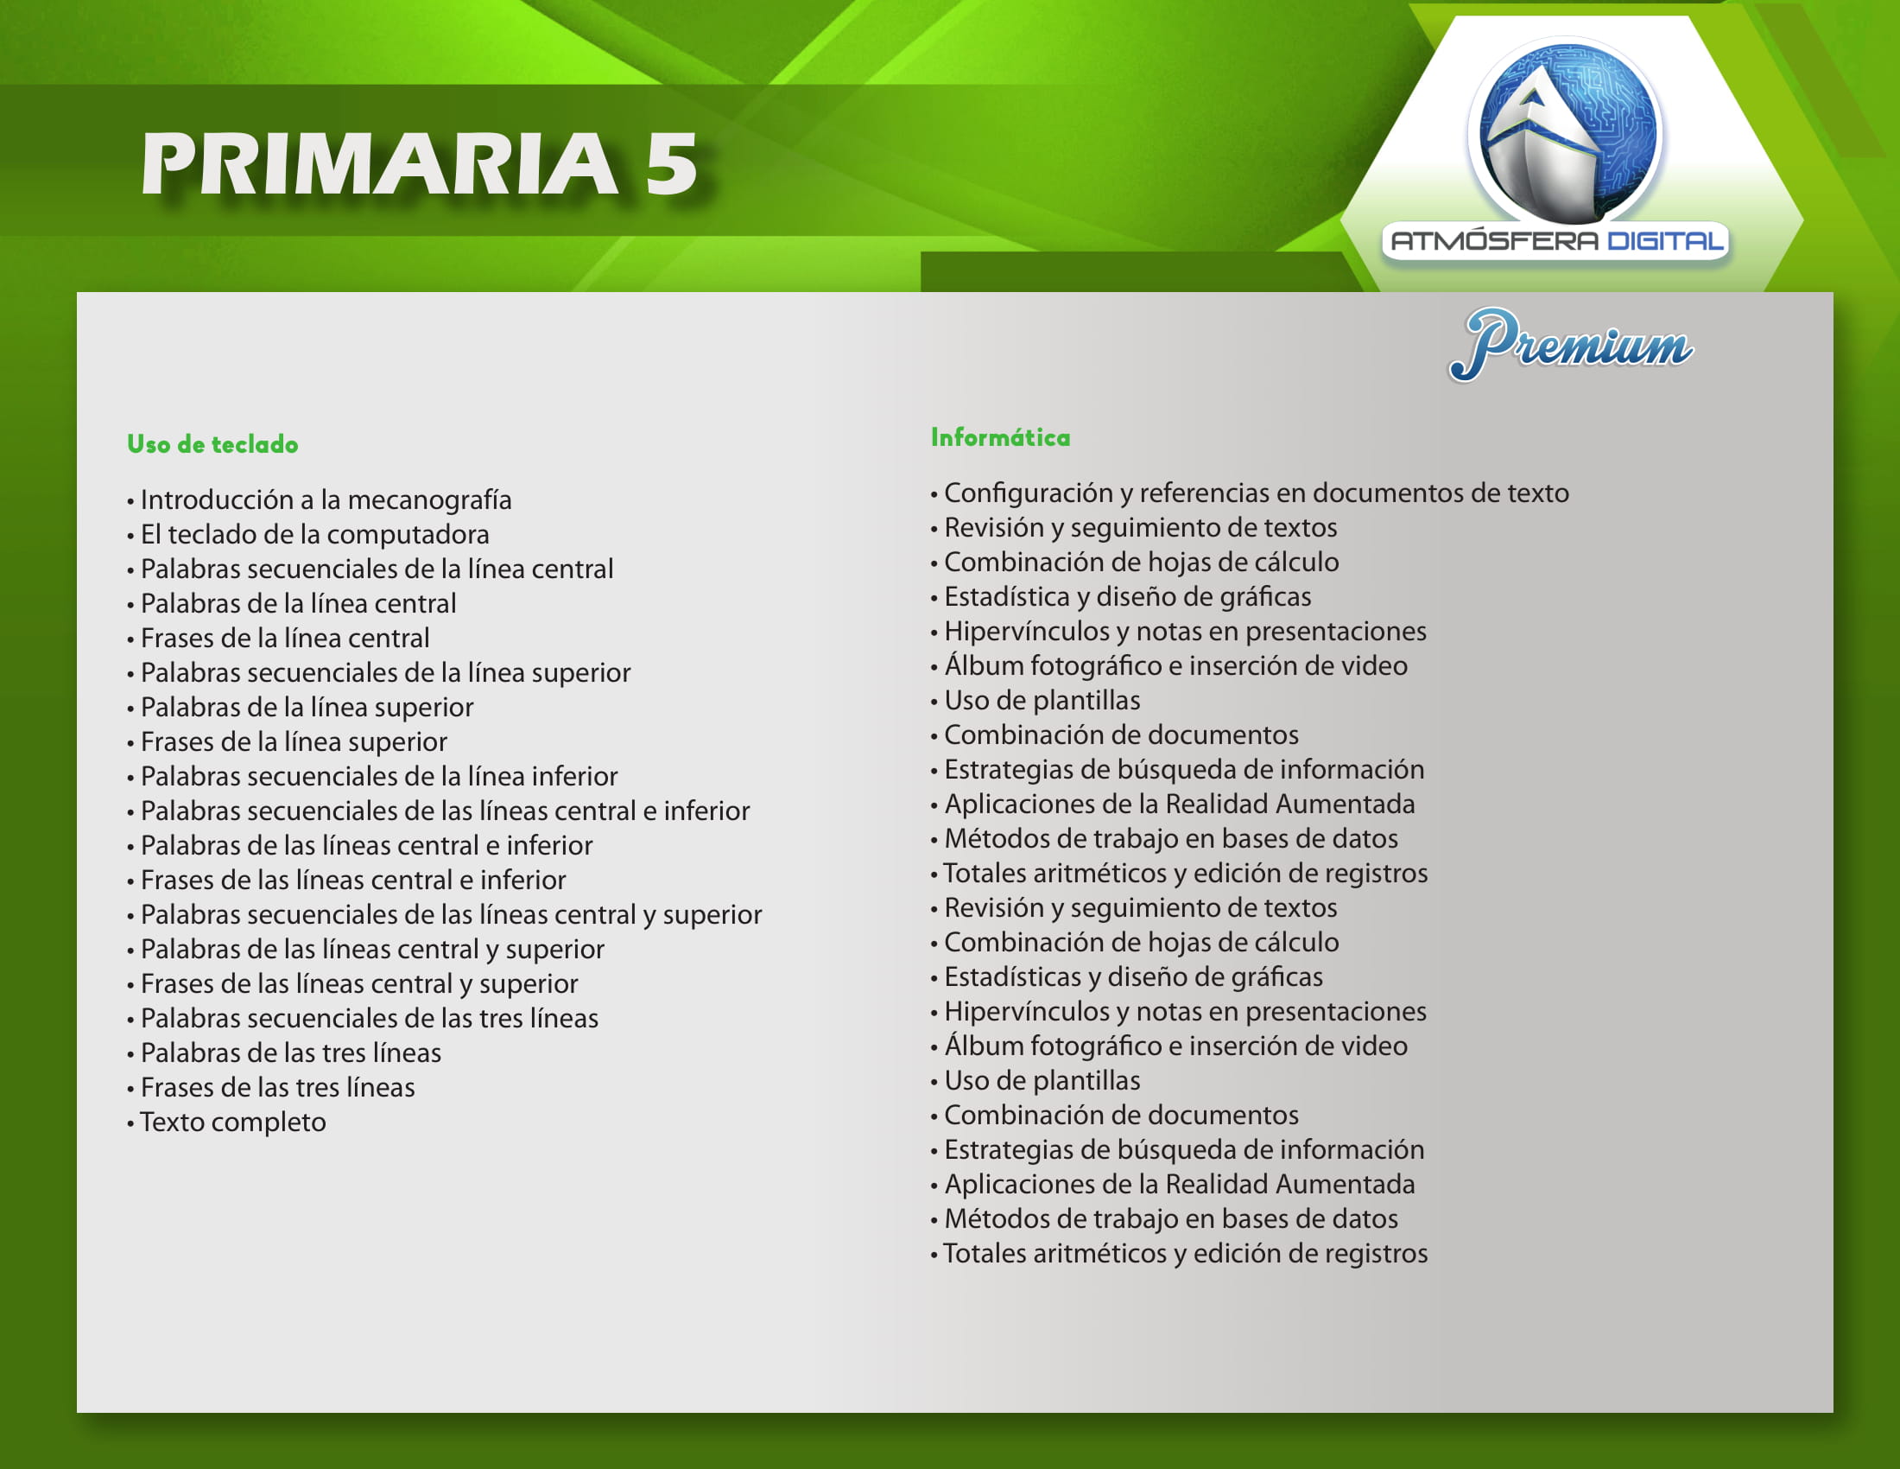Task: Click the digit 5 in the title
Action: tap(671, 163)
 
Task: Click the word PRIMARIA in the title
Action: tap(379, 163)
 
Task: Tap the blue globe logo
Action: tap(1565, 130)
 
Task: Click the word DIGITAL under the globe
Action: tap(1664, 241)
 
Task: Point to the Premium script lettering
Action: tap(1571, 345)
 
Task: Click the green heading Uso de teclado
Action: tap(212, 445)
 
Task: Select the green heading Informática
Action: tap(1000, 437)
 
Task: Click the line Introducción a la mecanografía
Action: tap(320, 499)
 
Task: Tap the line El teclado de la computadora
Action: tap(308, 534)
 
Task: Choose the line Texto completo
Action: tap(226, 1122)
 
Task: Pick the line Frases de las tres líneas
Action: tap(270, 1087)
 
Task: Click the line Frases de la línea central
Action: tap(278, 638)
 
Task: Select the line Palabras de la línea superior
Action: tap(301, 707)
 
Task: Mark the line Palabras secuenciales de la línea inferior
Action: tap(372, 776)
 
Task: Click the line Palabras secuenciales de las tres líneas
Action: tap(363, 1018)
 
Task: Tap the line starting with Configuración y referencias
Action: tap(1251, 493)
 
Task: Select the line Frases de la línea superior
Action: tap(287, 741)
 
